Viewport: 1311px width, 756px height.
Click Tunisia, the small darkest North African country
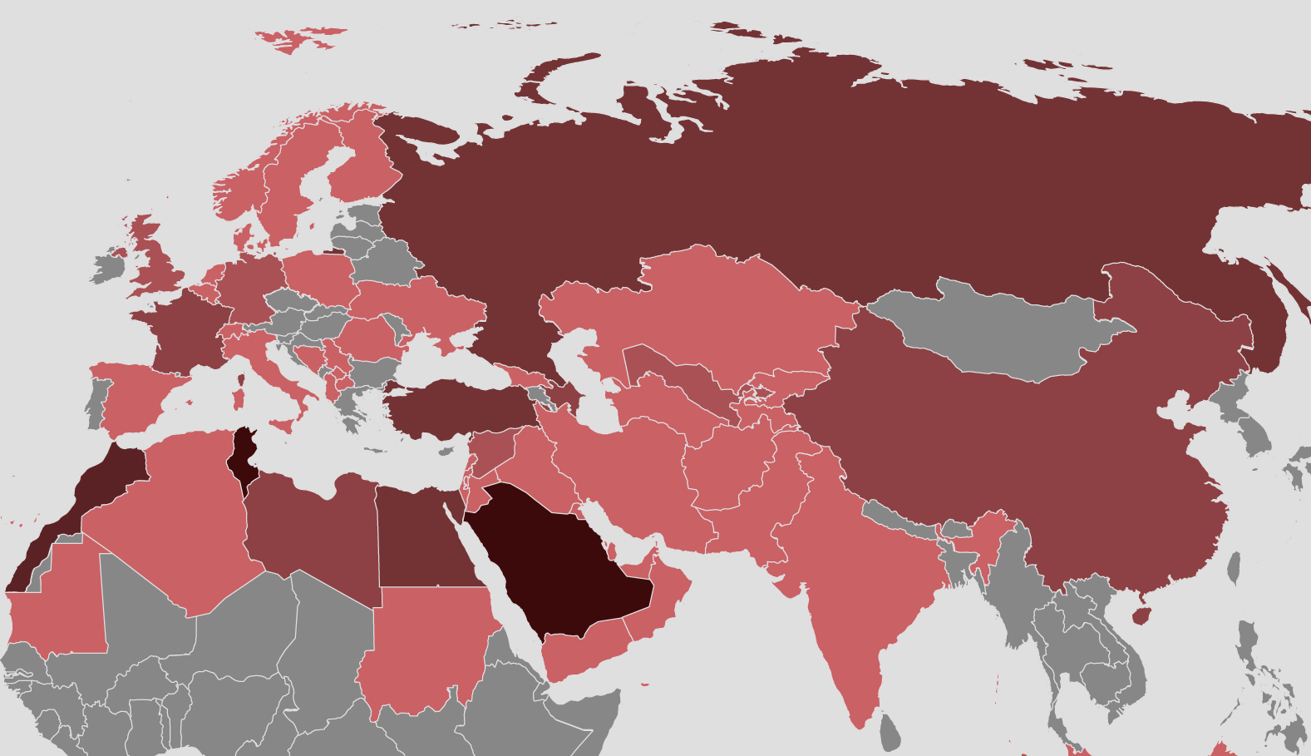click(x=242, y=457)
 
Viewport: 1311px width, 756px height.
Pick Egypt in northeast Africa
click(x=416, y=541)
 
